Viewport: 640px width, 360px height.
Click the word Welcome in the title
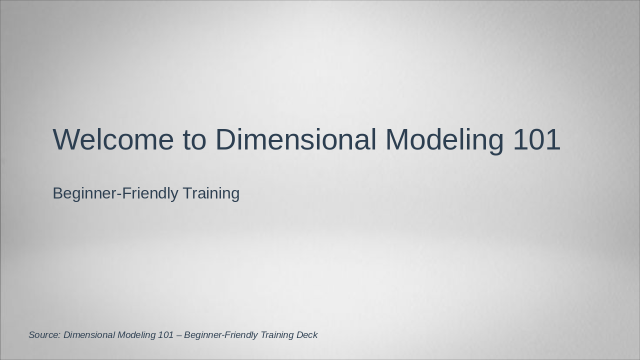113,139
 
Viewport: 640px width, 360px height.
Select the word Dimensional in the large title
295,139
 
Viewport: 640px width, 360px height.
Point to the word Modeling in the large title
444,139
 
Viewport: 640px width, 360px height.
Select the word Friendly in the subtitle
149,193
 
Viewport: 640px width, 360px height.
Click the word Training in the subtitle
211,193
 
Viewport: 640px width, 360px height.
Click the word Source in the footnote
43,335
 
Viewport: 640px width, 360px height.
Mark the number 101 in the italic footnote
165,335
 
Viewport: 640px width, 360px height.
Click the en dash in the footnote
179,335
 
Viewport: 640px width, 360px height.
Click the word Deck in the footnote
307,335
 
